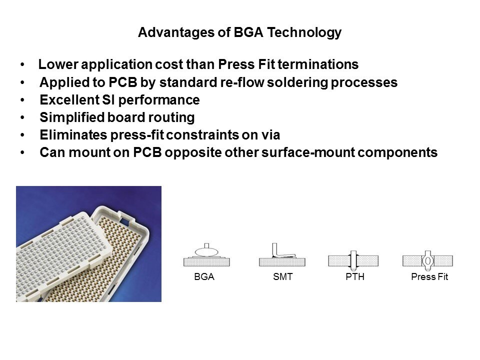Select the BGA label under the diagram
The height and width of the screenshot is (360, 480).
[204, 277]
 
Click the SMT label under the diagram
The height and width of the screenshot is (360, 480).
[282, 277]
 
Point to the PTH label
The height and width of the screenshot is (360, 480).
[355, 277]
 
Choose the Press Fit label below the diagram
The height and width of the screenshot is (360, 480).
[429, 277]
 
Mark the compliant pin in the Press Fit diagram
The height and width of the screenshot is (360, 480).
[427, 259]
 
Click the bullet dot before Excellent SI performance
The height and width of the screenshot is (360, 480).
[23, 100]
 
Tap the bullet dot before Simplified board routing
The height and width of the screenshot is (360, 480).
[23, 118]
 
